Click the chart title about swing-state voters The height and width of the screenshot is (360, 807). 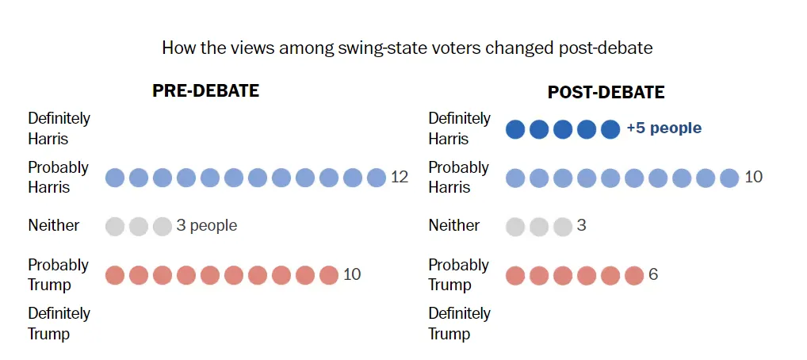[x=407, y=48]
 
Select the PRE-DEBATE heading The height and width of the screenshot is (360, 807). [x=205, y=91]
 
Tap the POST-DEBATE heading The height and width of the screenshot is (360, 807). [x=606, y=93]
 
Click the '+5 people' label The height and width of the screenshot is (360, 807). [x=664, y=128]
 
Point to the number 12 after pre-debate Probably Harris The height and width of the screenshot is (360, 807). [x=400, y=177]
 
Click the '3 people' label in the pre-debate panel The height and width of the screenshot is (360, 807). [x=206, y=226]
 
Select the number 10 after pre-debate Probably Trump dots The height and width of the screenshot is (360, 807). [x=352, y=274]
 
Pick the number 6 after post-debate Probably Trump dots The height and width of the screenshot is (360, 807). [x=653, y=274]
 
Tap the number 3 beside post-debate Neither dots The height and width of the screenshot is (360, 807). [x=581, y=226]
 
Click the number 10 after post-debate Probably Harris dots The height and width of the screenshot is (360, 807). [x=753, y=177]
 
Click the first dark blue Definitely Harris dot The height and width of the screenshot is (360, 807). [x=515, y=129]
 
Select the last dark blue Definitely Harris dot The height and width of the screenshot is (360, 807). [x=610, y=129]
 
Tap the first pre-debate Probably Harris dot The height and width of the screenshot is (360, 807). [x=115, y=178]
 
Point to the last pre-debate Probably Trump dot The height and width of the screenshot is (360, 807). [x=329, y=275]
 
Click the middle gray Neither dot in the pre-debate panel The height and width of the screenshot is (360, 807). [x=139, y=227]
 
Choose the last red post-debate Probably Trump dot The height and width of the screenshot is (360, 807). [x=634, y=275]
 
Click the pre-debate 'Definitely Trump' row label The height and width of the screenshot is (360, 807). [x=59, y=324]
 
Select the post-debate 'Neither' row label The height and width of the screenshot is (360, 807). [x=454, y=226]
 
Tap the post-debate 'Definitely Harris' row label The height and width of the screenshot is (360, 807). [x=460, y=128]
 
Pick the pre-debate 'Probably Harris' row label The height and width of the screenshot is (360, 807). [x=59, y=177]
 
